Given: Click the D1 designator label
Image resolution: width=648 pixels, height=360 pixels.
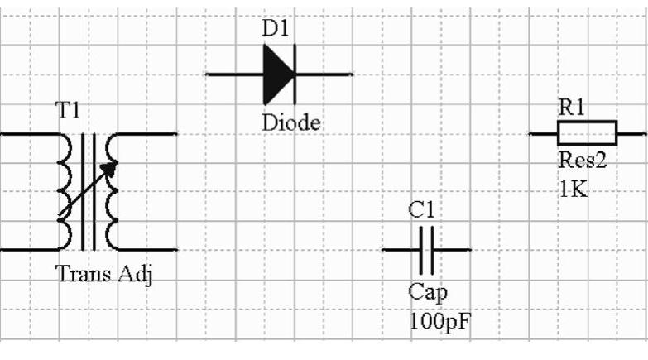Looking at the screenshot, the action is click(x=277, y=28).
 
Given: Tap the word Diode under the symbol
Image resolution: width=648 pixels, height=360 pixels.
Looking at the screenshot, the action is click(x=291, y=122).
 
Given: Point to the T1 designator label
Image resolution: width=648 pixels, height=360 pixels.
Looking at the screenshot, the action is click(x=68, y=110).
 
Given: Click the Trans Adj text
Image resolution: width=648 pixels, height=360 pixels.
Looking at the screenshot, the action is click(x=104, y=274).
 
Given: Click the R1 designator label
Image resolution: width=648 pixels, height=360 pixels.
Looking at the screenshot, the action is click(x=572, y=107).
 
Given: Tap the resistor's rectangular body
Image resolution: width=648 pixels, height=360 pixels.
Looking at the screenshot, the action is click(x=587, y=132).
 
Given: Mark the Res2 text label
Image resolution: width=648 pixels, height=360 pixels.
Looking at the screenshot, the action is click(x=583, y=160).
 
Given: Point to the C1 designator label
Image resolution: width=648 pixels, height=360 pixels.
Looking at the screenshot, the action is click(x=422, y=211).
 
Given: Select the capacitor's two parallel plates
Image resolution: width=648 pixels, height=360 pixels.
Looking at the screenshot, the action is click(x=426, y=248).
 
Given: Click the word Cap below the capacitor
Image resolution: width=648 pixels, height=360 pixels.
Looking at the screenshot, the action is click(x=428, y=292).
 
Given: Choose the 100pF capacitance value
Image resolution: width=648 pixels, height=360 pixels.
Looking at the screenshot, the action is click(x=439, y=320).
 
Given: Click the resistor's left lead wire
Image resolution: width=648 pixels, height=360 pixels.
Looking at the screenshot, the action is click(x=543, y=132).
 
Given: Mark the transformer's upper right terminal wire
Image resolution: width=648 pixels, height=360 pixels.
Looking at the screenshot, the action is click(x=149, y=133).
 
